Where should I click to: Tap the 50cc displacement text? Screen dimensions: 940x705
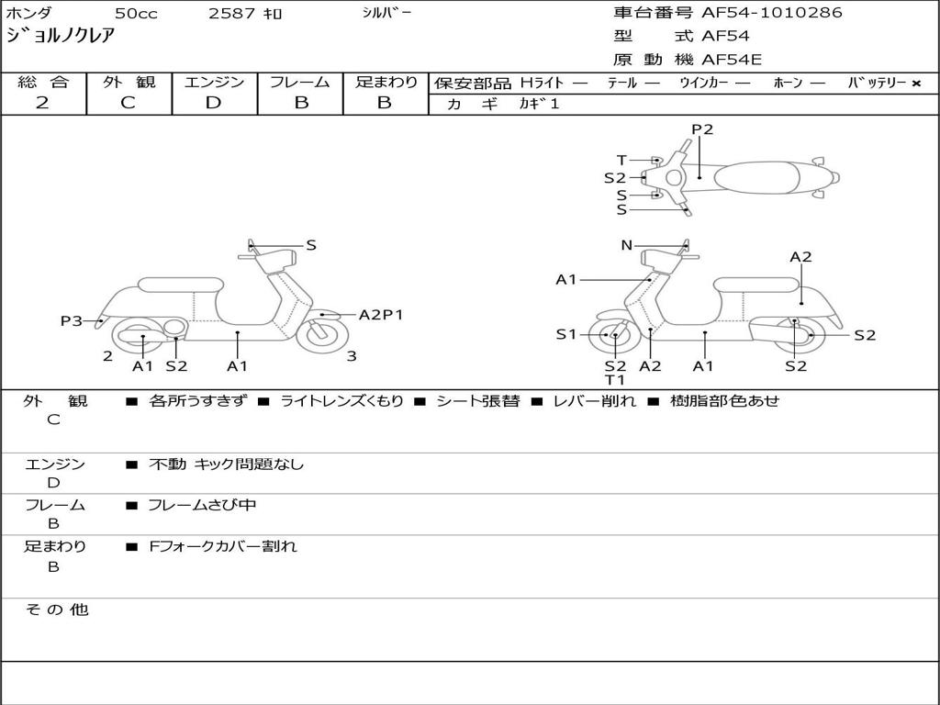(x=135, y=14)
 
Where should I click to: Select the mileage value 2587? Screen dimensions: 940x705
(x=233, y=14)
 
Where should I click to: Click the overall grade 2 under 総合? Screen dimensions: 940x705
(x=42, y=103)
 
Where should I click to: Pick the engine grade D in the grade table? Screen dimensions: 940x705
(x=213, y=103)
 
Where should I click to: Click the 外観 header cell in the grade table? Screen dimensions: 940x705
(x=129, y=83)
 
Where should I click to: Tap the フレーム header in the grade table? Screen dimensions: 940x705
(x=300, y=83)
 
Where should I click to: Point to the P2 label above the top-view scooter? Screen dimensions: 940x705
(x=702, y=129)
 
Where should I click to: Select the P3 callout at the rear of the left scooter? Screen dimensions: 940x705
(x=72, y=320)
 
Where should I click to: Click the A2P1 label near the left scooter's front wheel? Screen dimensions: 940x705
(x=380, y=315)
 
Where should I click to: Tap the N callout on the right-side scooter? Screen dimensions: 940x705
(x=627, y=245)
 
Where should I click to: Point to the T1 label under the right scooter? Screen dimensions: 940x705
(x=614, y=380)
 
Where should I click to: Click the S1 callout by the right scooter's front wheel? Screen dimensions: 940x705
(x=566, y=334)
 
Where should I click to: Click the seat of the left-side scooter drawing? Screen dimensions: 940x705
(x=180, y=285)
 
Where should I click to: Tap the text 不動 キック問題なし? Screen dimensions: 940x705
(x=226, y=464)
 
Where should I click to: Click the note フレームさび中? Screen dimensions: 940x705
(x=202, y=506)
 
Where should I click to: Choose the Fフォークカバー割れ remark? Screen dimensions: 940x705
(x=223, y=547)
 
